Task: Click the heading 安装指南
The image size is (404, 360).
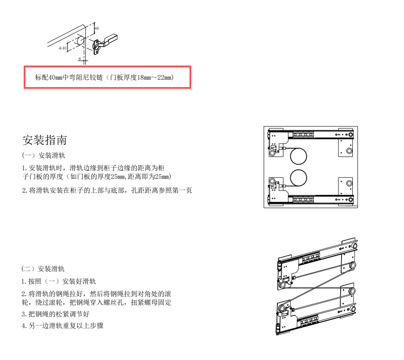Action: (x=44, y=140)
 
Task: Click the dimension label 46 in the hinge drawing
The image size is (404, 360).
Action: (x=96, y=28)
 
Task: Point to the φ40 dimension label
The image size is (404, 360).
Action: (x=62, y=48)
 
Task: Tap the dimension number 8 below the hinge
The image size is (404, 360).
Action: (x=80, y=59)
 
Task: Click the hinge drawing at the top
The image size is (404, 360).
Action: (x=82, y=43)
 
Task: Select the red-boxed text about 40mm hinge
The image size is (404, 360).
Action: (x=105, y=77)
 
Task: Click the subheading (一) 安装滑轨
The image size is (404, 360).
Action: (x=44, y=155)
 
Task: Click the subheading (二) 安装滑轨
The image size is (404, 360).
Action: (x=43, y=269)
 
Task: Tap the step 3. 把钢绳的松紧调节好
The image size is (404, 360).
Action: (x=56, y=314)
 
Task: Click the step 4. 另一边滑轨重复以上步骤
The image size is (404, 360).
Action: (x=62, y=326)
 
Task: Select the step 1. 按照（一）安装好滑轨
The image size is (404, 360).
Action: (x=59, y=281)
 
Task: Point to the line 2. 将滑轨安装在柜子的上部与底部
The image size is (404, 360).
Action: (x=107, y=190)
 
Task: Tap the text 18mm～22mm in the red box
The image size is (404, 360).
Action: (x=155, y=77)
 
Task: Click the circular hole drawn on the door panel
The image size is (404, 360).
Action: (x=80, y=41)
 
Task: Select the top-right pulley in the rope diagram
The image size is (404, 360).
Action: (x=352, y=265)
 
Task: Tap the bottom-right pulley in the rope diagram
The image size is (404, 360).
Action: (x=352, y=291)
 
